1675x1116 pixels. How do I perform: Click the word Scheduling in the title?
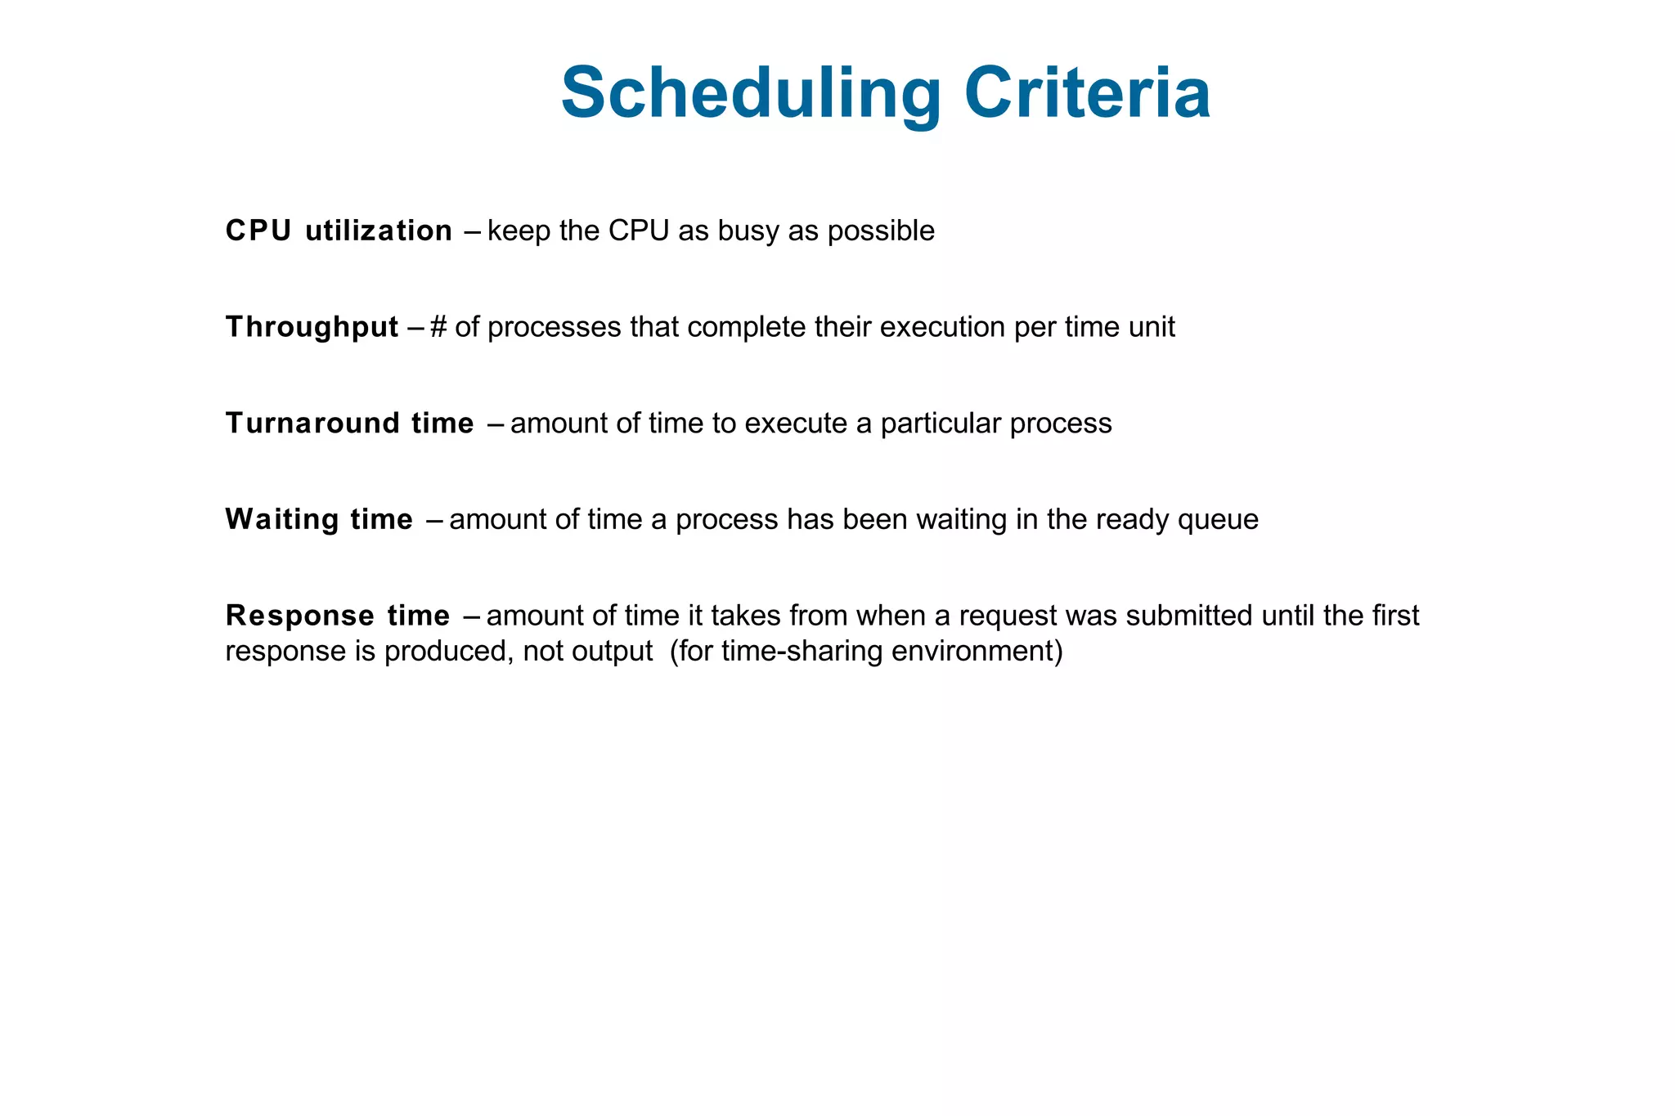pyautogui.click(x=751, y=94)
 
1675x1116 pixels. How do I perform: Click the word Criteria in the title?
pyautogui.click(x=1087, y=94)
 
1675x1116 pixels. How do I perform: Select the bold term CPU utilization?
pyautogui.click(x=339, y=231)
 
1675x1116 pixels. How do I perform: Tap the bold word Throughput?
pyautogui.click(x=312, y=327)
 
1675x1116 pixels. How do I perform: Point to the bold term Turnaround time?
pyautogui.click(x=349, y=424)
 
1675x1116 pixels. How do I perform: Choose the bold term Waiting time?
pyautogui.click(x=319, y=520)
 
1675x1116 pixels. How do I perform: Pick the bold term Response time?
pyautogui.click(x=337, y=616)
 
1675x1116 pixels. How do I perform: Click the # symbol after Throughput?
pyautogui.click(x=438, y=327)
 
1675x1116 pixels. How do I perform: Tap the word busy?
pyautogui.click(x=748, y=231)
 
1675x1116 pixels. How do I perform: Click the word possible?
pyautogui.click(x=881, y=231)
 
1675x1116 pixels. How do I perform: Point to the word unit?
pyautogui.click(x=1152, y=327)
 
